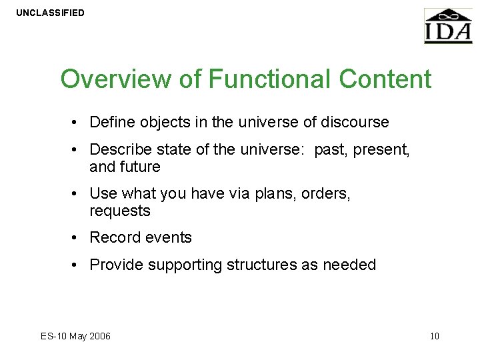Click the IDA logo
[x=448, y=27]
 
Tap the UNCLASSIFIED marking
[x=51, y=13]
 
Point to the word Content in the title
[x=385, y=79]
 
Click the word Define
[x=111, y=122]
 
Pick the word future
[x=139, y=167]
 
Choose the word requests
[x=120, y=211]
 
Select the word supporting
[x=185, y=265]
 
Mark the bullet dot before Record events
[x=78, y=238]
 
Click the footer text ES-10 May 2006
[x=75, y=336]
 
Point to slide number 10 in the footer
[x=434, y=336]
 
